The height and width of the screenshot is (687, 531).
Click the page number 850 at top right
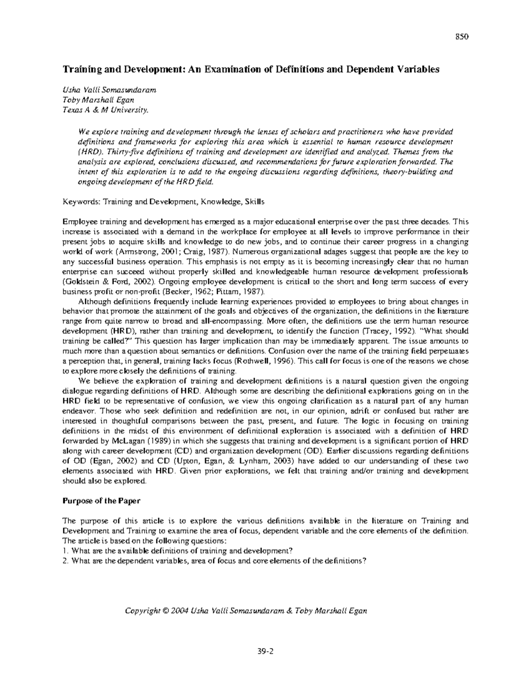[462, 37]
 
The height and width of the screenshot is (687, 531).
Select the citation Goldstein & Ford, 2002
[101, 281]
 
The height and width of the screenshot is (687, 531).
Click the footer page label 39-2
[265, 651]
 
